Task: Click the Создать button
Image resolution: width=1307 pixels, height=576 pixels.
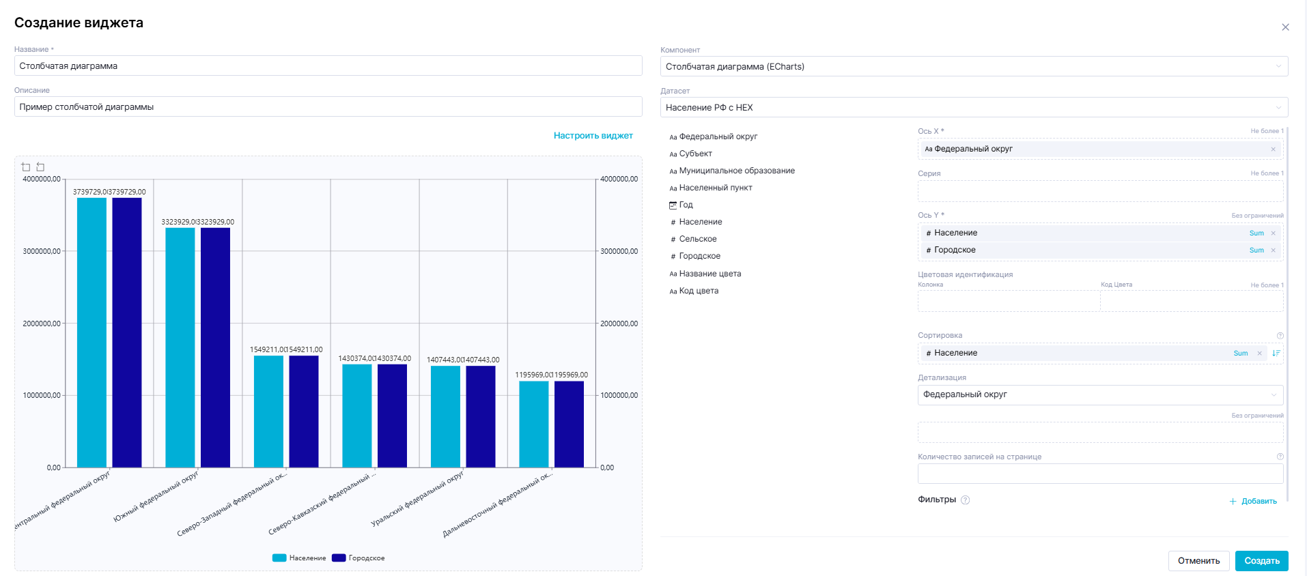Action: [x=1261, y=560]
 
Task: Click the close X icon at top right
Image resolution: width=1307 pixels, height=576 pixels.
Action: [x=1285, y=27]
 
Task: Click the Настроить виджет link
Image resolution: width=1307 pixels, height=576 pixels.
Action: [x=593, y=136]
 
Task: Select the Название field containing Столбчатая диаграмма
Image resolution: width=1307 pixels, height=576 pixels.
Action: [x=328, y=66]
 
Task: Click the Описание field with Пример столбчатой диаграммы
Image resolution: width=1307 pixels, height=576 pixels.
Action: [x=328, y=107]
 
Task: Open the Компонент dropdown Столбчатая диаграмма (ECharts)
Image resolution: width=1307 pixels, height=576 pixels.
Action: [x=973, y=67]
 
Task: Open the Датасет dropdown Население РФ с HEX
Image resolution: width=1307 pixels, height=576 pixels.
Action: [x=973, y=108]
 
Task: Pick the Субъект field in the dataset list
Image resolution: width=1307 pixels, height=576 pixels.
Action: [x=695, y=154]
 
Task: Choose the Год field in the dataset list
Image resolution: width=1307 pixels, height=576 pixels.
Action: [x=686, y=205]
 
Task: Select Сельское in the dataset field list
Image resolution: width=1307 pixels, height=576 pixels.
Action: [x=697, y=239]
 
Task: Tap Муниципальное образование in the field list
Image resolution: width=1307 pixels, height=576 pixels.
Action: [x=736, y=171]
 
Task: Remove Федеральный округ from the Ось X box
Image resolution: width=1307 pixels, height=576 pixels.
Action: [x=1273, y=149]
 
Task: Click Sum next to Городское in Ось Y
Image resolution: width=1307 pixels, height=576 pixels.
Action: [x=1256, y=250]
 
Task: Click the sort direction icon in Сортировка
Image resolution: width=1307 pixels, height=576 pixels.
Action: [x=1276, y=353]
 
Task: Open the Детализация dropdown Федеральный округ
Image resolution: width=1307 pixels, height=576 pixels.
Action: [x=1099, y=394]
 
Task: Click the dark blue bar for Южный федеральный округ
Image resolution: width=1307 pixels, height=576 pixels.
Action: [x=215, y=348]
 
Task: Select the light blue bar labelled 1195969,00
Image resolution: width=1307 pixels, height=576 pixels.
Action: [x=533, y=424]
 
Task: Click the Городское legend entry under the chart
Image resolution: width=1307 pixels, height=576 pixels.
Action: [x=359, y=558]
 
